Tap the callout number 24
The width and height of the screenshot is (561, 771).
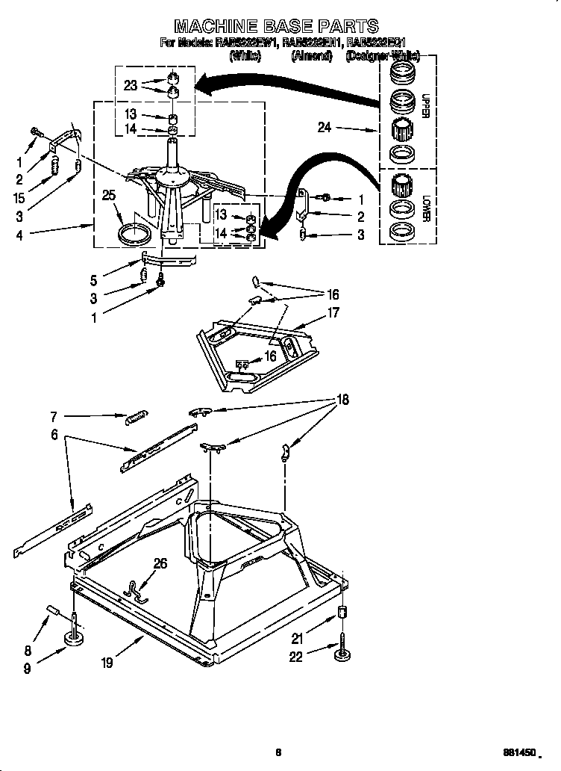coord(324,128)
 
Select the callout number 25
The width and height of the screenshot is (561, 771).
coord(109,196)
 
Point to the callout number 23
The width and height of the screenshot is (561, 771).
coord(131,85)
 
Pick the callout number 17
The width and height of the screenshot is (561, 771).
coord(333,313)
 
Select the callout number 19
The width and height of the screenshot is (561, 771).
coord(107,662)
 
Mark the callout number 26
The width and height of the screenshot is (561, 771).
coord(160,564)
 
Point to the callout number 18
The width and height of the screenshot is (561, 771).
coord(342,400)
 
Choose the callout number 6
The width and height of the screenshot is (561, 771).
coord(54,433)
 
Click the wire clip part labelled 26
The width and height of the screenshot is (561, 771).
coord(137,591)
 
